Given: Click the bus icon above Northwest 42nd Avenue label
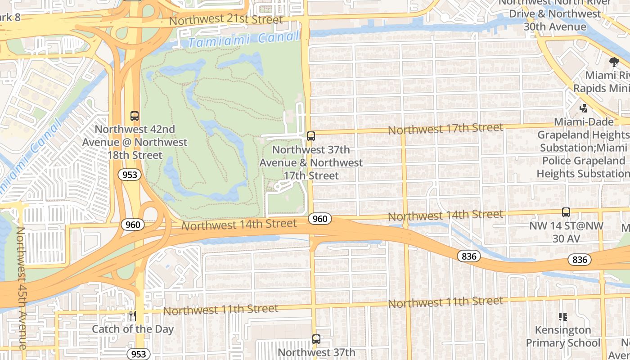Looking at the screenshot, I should (135, 116).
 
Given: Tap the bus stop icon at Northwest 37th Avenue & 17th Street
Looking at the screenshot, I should (310, 136).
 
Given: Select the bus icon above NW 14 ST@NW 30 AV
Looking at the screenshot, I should (566, 212).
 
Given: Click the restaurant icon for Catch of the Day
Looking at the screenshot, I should (132, 316).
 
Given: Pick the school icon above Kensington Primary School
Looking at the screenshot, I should (562, 317).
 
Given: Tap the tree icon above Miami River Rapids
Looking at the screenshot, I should (614, 62).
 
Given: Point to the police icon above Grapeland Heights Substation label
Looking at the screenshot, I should (583, 108).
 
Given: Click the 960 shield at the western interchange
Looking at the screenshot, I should (133, 224).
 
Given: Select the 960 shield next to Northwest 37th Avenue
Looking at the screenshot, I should (320, 219).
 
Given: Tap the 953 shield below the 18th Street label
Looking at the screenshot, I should (130, 175).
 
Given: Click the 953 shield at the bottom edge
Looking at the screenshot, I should (138, 354).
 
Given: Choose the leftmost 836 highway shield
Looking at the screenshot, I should (469, 256).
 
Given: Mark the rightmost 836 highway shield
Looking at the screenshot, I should (580, 260).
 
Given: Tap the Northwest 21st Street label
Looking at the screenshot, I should (226, 20).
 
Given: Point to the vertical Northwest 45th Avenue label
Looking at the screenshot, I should (21, 288).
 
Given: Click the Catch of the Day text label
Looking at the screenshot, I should (133, 329).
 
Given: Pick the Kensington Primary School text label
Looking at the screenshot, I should (563, 337).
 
